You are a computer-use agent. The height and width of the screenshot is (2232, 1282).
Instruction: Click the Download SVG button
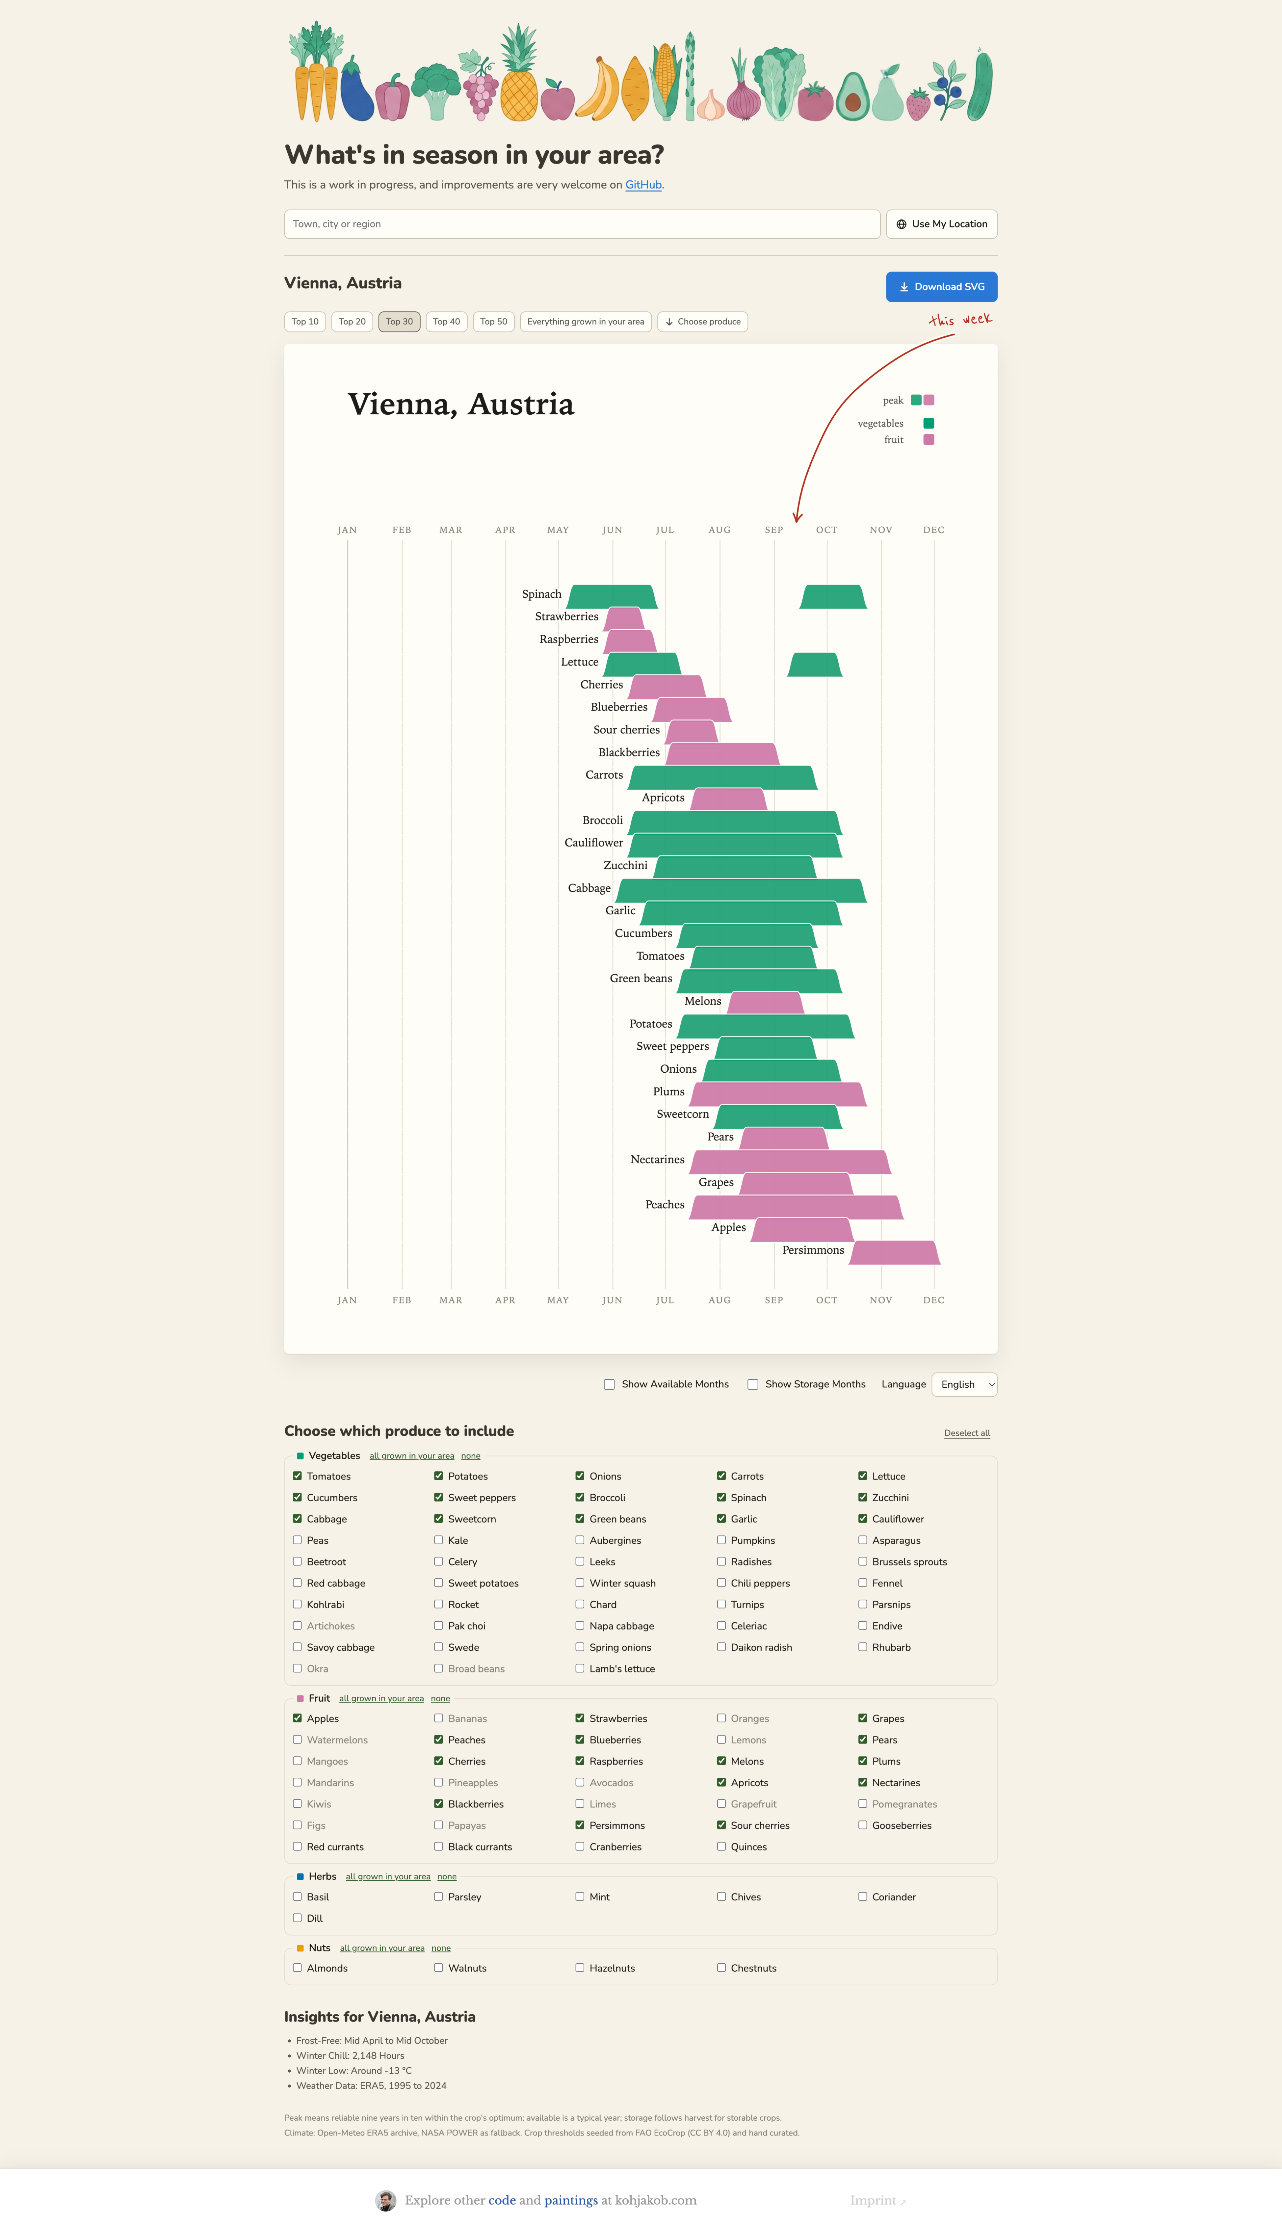(941, 286)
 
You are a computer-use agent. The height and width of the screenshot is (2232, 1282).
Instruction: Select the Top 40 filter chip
(446, 322)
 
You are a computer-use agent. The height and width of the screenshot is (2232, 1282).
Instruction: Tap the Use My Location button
(941, 224)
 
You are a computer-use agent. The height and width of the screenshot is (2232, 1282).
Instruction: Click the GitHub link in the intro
(643, 185)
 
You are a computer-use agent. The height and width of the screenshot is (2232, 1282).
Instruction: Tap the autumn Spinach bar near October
(833, 596)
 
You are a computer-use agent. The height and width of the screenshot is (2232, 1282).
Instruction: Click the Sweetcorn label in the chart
(682, 1114)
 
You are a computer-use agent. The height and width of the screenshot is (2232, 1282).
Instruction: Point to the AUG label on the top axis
(719, 530)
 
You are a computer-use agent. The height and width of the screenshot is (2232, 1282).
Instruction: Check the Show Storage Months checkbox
(753, 1385)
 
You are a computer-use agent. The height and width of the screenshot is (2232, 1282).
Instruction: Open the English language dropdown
(964, 1385)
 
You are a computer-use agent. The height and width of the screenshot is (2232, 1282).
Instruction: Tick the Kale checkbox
(438, 1540)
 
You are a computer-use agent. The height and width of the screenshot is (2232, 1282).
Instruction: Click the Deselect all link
(967, 1433)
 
